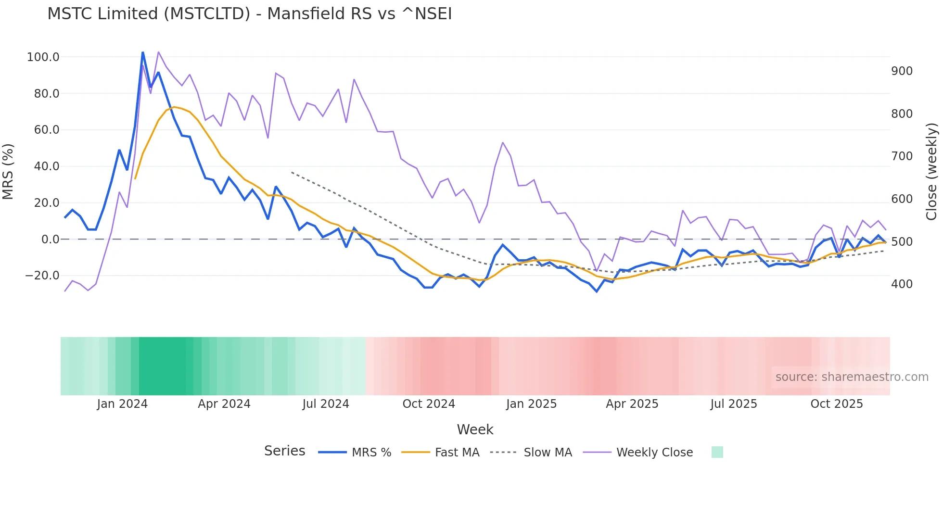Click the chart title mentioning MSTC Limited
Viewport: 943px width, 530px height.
[x=249, y=14]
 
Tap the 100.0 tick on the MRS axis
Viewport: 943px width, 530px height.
[x=43, y=57]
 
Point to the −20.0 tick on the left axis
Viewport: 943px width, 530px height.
[x=42, y=276]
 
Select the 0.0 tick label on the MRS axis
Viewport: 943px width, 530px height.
[x=50, y=239]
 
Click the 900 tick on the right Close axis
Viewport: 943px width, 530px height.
[x=902, y=71]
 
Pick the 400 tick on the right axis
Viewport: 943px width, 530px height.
[x=902, y=284]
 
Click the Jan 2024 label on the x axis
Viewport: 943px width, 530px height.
[x=122, y=404]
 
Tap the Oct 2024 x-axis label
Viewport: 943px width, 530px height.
[x=429, y=404]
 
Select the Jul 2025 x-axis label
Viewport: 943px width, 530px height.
[x=734, y=404]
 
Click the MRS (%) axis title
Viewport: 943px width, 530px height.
[x=8, y=172]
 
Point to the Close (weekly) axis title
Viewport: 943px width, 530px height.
[x=932, y=172]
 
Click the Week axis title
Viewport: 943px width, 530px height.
[x=475, y=429]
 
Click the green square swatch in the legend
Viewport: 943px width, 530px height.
[x=717, y=452]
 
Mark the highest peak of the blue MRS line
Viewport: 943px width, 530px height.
[x=143, y=52]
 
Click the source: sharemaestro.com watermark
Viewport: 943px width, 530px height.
[x=852, y=377]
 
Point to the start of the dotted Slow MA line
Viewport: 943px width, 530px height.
[x=292, y=172]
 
